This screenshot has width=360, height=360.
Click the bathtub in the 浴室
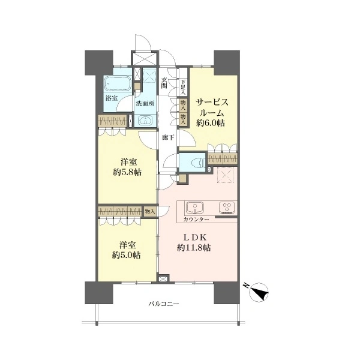tap(118, 84)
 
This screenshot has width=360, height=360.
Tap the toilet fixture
tap(197, 163)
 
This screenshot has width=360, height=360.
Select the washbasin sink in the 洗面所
tap(145, 121)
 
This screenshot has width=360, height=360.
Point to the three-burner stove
tap(227, 207)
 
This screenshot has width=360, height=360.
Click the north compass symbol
tap(258, 292)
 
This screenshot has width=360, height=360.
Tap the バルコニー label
tap(163, 304)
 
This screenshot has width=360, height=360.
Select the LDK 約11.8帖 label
tap(194, 242)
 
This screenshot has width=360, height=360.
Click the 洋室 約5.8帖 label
tap(127, 167)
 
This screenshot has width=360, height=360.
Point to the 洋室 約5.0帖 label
tap(127, 250)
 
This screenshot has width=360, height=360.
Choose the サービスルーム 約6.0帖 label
tap(211, 112)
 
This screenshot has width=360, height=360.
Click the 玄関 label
tap(164, 83)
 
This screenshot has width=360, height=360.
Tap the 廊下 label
tap(168, 137)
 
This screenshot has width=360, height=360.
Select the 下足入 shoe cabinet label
tap(183, 87)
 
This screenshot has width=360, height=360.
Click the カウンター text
tap(196, 219)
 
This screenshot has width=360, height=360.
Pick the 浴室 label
tap(112, 98)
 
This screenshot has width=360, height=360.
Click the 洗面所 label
tap(145, 104)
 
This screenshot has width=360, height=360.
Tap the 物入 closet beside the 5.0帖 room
tap(150, 211)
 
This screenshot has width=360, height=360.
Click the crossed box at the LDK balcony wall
tap(163, 279)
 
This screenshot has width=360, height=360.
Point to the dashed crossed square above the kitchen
tap(225, 175)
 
